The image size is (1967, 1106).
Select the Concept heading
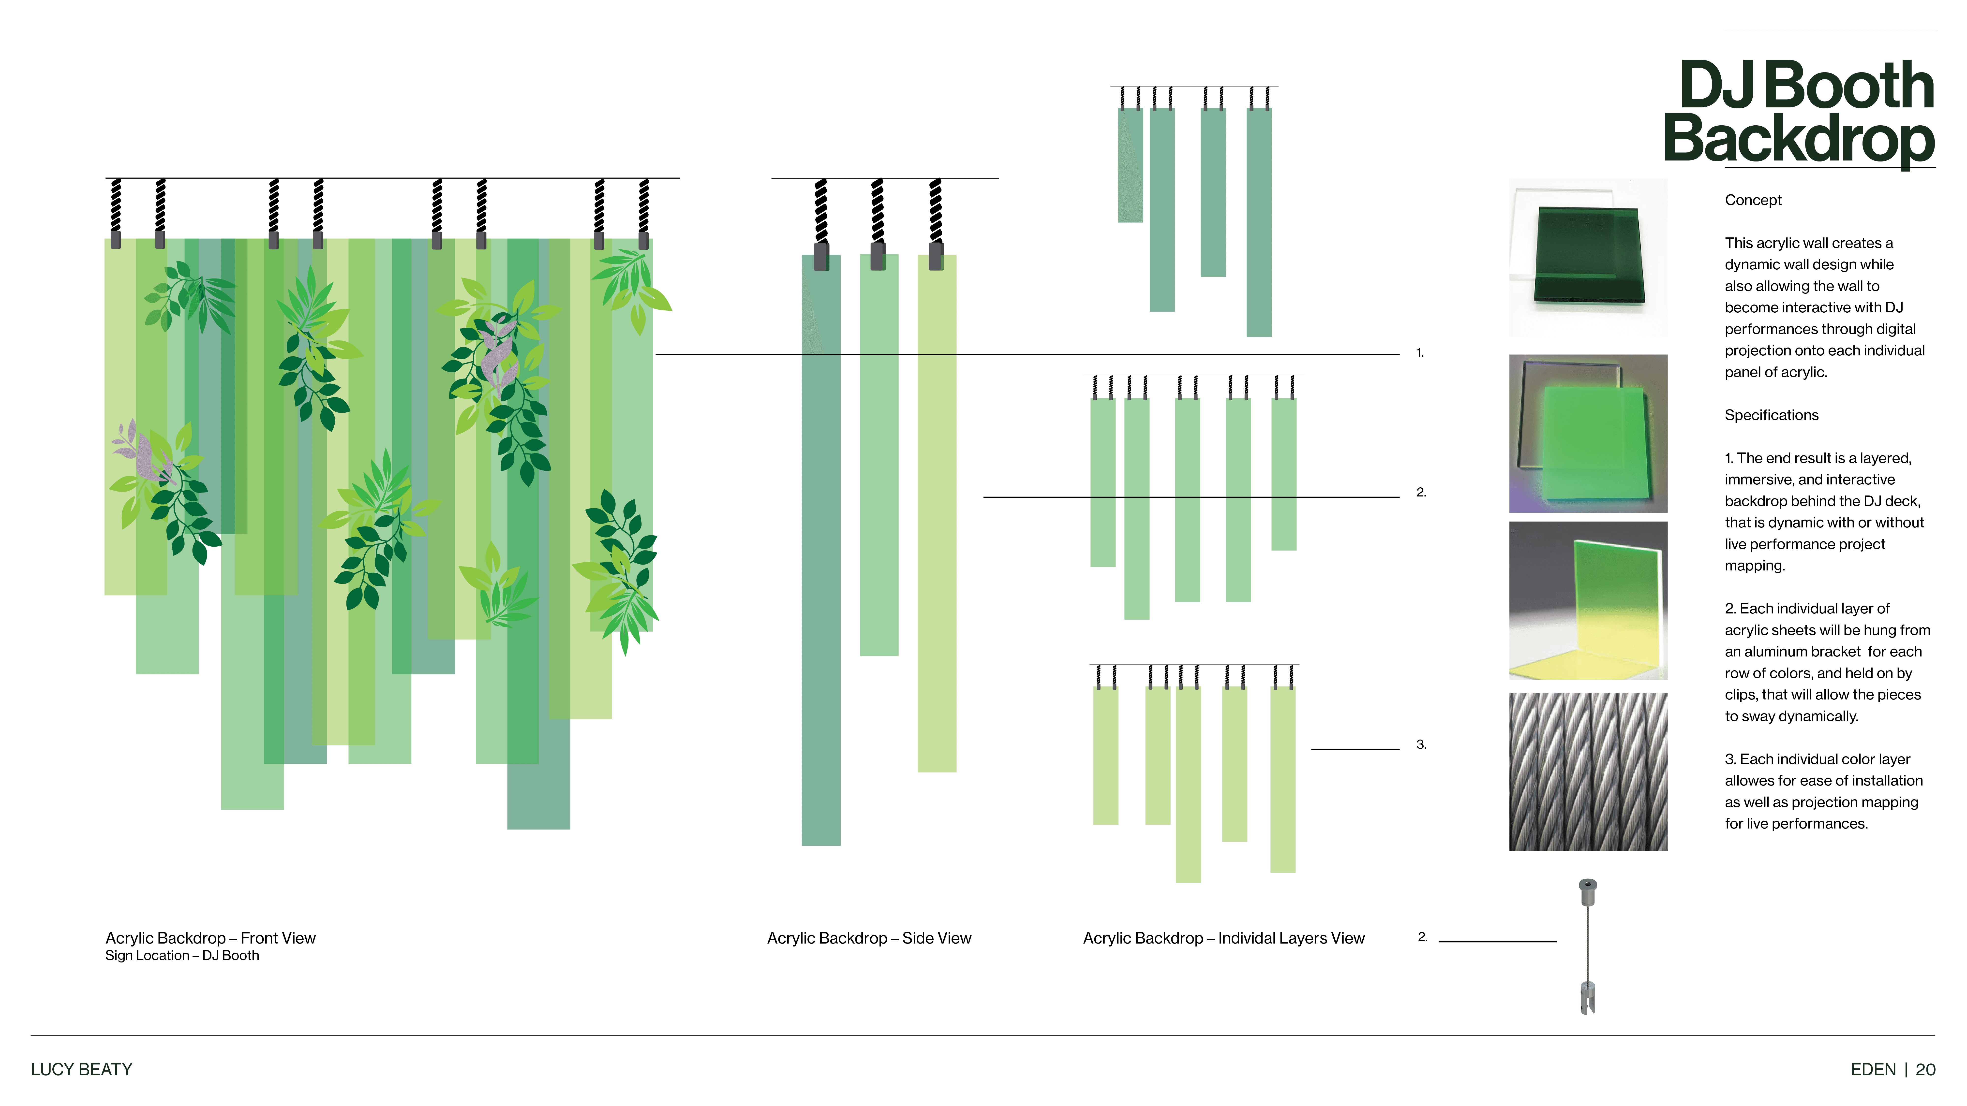pyautogui.click(x=1752, y=200)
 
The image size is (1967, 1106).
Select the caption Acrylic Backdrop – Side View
pyautogui.click(x=869, y=938)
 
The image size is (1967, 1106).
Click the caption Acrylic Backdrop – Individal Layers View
pyautogui.click(x=1223, y=938)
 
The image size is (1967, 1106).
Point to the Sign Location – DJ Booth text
pyautogui.click(x=182, y=956)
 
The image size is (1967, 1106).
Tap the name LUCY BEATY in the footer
pyautogui.click(x=81, y=1069)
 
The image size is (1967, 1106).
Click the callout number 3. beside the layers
pyautogui.click(x=1421, y=744)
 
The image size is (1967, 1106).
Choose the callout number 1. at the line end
pyautogui.click(x=1419, y=353)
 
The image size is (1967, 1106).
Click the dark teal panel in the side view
pyautogui.click(x=821, y=550)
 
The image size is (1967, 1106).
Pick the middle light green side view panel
pyautogui.click(x=879, y=458)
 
